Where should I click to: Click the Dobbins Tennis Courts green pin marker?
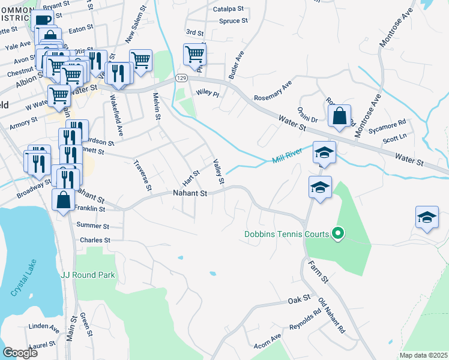click(338, 233)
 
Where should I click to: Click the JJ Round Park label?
click(88, 275)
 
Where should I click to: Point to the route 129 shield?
click(181, 78)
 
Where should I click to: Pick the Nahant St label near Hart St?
click(190, 194)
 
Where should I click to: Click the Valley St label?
click(219, 172)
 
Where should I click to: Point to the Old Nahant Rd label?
click(332, 316)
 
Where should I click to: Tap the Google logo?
click(20, 353)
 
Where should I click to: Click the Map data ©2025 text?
click(423, 355)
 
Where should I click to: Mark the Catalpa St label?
click(228, 10)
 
